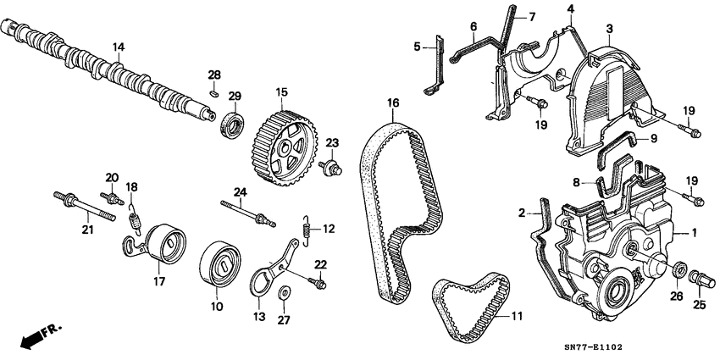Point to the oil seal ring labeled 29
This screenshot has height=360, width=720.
pos(232,124)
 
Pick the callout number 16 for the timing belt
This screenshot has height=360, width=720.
pos(393,104)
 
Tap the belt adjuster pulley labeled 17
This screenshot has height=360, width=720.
pos(163,246)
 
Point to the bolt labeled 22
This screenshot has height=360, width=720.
pos(318,280)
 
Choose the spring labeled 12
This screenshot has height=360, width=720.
pos(309,228)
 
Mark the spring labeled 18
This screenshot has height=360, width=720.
pos(133,217)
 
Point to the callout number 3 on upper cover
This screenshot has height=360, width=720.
pos(609,30)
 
